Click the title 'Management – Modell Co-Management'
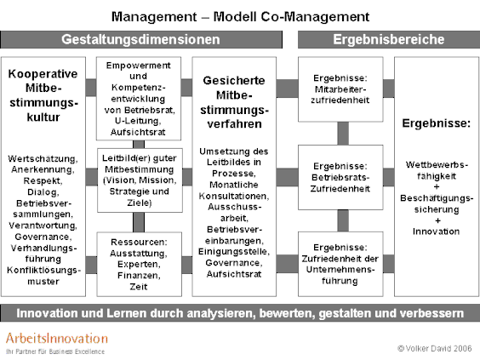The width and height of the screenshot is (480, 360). click(x=240, y=16)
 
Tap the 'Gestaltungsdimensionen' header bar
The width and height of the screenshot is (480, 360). click(x=141, y=39)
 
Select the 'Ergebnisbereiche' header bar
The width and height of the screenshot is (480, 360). click(x=389, y=39)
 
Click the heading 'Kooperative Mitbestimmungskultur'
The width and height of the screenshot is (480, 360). click(x=43, y=95)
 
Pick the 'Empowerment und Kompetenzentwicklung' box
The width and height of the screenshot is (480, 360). click(x=139, y=99)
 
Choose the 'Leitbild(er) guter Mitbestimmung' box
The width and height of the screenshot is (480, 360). click(x=140, y=180)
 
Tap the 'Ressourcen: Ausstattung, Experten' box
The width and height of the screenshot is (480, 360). click(x=140, y=264)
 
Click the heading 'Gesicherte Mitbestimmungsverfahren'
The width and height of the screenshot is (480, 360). click(x=234, y=102)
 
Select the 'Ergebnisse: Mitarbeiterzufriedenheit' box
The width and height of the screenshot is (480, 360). click(x=340, y=89)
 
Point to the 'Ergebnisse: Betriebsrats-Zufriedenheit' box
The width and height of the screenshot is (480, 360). click(x=340, y=177)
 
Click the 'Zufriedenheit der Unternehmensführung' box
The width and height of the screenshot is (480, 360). click(x=340, y=264)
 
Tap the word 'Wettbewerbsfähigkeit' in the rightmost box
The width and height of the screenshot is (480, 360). click(x=437, y=170)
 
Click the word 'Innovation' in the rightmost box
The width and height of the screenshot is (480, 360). click(x=437, y=231)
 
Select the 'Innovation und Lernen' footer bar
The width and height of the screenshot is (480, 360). click(x=240, y=313)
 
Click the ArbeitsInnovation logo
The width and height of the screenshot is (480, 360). click(x=57, y=343)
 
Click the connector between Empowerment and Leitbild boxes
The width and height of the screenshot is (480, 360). click(x=139, y=145)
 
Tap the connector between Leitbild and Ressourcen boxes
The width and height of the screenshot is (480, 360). click(x=139, y=222)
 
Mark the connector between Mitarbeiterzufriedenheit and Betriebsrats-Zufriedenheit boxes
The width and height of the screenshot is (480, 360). click(x=343, y=134)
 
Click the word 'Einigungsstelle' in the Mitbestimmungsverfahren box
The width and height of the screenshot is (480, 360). click(x=233, y=252)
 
